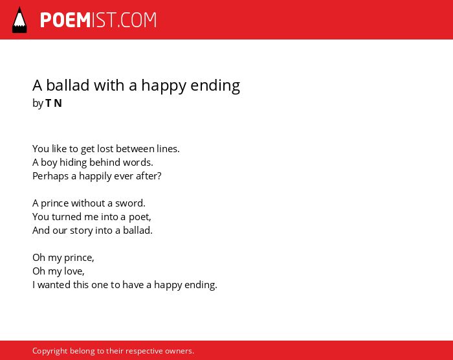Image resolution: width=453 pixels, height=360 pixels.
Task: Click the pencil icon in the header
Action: [19, 20]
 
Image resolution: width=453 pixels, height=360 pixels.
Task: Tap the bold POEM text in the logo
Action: [65, 20]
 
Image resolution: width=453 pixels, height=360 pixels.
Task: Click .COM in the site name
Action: [137, 20]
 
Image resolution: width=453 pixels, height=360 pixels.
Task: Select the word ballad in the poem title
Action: [67, 85]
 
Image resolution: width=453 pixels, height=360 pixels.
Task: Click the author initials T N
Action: [54, 103]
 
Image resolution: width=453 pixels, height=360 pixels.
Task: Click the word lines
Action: [168, 149]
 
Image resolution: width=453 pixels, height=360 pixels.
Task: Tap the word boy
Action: [49, 163]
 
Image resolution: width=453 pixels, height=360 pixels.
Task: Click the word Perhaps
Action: [50, 176]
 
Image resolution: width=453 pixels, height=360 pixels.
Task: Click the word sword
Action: [130, 203]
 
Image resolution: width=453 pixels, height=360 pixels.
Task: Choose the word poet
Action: [140, 217]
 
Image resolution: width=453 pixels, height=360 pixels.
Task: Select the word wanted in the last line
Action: [54, 285]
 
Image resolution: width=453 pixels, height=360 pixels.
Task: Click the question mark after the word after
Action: [159, 176]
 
